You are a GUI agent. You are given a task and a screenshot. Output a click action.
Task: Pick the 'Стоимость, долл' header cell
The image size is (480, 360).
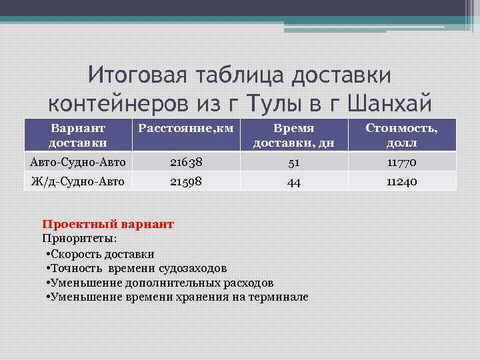tap(401, 135)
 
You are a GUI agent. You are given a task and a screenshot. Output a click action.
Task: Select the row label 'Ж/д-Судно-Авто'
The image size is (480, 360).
tap(77, 181)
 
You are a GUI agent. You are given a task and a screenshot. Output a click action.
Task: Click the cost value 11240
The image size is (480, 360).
tap(401, 181)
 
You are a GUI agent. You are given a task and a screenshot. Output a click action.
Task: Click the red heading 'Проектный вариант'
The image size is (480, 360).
tap(108, 225)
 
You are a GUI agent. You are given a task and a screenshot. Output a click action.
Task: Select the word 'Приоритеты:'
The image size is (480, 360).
tap(79, 238)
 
